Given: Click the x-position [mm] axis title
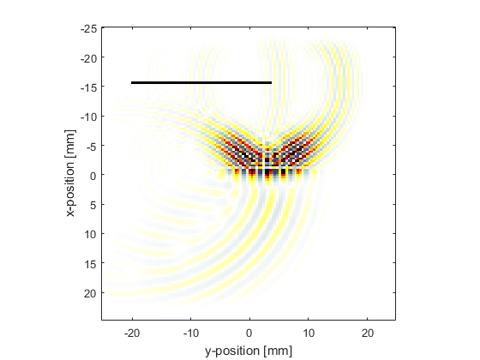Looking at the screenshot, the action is tap(70, 173).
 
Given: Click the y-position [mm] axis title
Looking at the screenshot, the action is tap(249, 351).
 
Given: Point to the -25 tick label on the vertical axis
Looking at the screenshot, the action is tap(89, 29).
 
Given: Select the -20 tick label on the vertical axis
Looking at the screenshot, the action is tap(89, 58).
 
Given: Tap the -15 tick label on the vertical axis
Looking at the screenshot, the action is tap(89, 87).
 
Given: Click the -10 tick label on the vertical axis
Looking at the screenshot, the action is tap(89, 117).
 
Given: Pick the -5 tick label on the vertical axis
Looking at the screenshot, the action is tap(92, 147).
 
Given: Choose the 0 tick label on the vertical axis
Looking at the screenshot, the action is tap(93, 176).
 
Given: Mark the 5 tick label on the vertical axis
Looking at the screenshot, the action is tap(93, 205).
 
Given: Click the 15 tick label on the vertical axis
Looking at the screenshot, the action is tap(91, 264).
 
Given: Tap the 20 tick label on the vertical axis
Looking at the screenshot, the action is tap(91, 293).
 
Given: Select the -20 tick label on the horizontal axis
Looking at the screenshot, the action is tap(132, 333).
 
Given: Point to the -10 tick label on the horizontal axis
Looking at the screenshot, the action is tap(191, 333).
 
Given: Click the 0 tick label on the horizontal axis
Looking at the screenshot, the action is tap(249, 333).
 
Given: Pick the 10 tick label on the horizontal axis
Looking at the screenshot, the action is tap(309, 333).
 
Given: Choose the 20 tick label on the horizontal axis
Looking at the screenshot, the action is tap(368, 333).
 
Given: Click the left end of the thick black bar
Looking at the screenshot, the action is tap(132, 82).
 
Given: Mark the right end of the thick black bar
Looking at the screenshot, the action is tap(271, 82).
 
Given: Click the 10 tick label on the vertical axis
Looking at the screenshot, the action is tap(91, 235).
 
